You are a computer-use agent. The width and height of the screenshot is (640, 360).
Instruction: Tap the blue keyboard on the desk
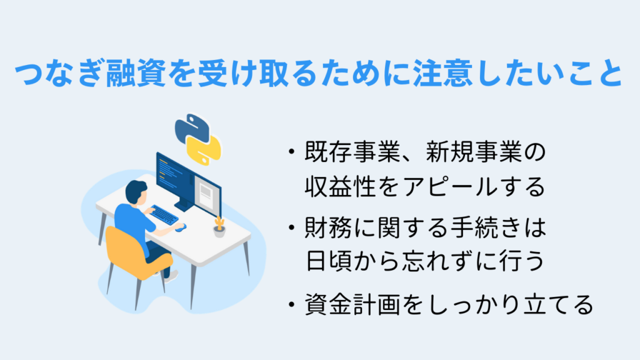tap(164, 214)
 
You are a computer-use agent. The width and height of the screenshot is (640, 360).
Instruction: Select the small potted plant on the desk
tap(219, 227)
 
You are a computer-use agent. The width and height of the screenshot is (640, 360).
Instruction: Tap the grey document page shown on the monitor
tap(207, 193)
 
